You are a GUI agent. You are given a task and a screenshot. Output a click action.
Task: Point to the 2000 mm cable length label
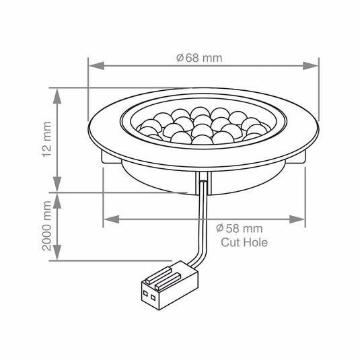pyautogui.click(x=46, y=225)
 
